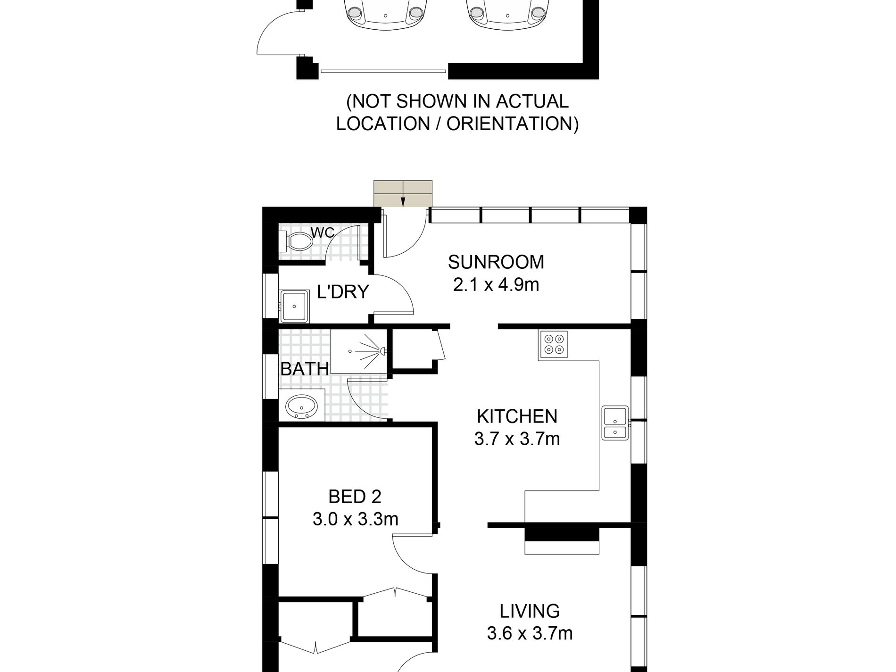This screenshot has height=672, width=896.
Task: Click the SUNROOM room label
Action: click(x=496, y=262)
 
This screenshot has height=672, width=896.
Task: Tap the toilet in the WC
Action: click(x=296, y=242)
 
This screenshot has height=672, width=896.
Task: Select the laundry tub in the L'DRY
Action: click(x=294, y=307)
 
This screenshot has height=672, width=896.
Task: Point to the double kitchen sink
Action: click(x=615, y=423)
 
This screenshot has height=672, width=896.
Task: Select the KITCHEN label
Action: click(x=517, y=416)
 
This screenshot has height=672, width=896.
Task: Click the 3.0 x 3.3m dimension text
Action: click(x=355, y=519)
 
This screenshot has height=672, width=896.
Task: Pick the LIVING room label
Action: click(x=530, y=611)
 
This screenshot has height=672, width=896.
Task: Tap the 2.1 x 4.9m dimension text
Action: click(x=496, y=285)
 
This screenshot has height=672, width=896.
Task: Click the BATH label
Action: click(x=305, y=369)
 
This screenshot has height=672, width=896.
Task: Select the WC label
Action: click(x=323, y=232)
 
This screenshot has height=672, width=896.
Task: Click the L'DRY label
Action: click(x=343, y=292)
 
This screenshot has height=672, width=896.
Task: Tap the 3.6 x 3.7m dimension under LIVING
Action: click(x=530, y=633)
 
